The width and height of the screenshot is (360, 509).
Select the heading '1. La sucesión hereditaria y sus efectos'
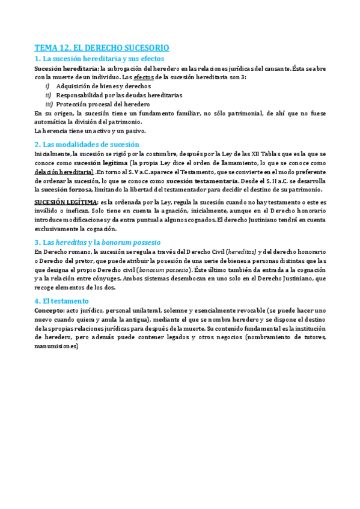click(99, 59)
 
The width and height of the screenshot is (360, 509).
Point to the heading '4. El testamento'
click(61, 301)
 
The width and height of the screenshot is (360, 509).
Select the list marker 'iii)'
click(49, 103)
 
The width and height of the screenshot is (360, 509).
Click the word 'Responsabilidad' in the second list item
click(78, 95)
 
